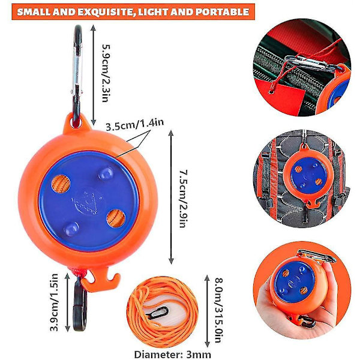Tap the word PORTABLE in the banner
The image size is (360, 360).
click(222, 12)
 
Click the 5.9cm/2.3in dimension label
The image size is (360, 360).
click(106, 73)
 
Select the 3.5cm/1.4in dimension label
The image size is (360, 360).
click(135, 124)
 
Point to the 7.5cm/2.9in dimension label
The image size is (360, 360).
click(184, 199)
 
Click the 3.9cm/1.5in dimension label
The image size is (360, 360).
click(55, 302)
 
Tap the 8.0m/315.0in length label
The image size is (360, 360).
click(219, 310)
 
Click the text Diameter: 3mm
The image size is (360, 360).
click(172, 354)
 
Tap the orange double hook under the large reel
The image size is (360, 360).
click(101, 281)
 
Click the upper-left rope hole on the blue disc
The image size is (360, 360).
click(61, 184)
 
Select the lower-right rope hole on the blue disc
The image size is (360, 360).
click(116, 218)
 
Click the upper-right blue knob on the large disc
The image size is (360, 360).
click(106, 173)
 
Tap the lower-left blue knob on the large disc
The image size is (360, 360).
click(71, 229)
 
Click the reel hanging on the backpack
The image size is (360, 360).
click(308, 176)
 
